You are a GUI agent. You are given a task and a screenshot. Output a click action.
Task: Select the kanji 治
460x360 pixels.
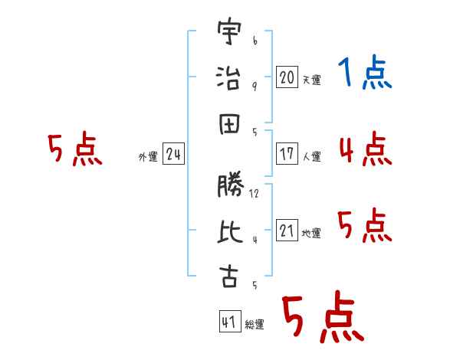pos(229,78)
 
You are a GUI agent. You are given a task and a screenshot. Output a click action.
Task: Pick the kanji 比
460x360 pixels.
pos(229,231)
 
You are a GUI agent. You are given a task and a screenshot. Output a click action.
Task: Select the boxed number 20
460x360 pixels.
pos(287,77)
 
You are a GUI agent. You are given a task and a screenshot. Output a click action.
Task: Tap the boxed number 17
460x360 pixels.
pos(287,154)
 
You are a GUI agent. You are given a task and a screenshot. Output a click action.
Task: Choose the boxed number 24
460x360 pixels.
pos(173,155)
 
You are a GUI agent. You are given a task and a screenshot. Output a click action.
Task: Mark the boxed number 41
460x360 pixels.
pos(229,322)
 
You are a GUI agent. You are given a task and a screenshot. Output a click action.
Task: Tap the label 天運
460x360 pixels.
pos(311,80)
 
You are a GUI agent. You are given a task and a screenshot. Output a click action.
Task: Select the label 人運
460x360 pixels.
pos(311,157)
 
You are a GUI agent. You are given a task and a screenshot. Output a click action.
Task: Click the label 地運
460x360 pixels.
pos(311,234)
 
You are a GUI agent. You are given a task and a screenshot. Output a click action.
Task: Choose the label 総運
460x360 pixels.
pos(255,325)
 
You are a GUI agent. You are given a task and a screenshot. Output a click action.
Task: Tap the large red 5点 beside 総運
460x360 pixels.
pos(322,318)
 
